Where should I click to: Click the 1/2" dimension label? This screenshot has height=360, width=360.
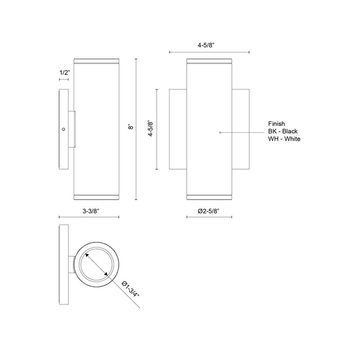(x=64, y=73)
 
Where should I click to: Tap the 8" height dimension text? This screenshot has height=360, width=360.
(x=131, y=127)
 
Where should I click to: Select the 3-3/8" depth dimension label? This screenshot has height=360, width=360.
(x=91, y=211)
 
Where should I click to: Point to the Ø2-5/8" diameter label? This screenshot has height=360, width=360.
(x=208, y=211)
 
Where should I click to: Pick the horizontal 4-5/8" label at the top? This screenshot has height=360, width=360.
(x=206, y=45)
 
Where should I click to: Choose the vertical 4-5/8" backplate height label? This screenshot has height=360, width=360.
(x=150, y=129)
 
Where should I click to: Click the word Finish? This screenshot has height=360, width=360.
(x=277, y=124)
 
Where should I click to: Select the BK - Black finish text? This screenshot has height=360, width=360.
(x=283, y=131)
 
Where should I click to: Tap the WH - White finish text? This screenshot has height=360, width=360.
(x=284, y=139)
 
